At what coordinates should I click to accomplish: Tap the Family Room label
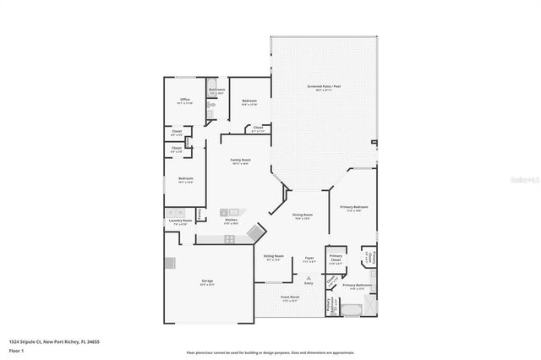(241, 160)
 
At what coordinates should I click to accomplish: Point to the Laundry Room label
(178, 221)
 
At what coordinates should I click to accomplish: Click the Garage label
(207, 281)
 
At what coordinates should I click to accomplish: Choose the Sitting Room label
(273, 255)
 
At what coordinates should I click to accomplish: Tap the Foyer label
(309, 258)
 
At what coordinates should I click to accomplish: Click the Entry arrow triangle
(309, 277)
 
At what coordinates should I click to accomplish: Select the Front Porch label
(291, 297)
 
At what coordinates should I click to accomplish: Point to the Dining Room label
(303, 215)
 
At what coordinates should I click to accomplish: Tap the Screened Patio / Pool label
(324, 86)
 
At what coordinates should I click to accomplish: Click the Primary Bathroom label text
(358, 286)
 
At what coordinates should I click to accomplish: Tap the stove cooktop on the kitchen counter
(229, 239)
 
